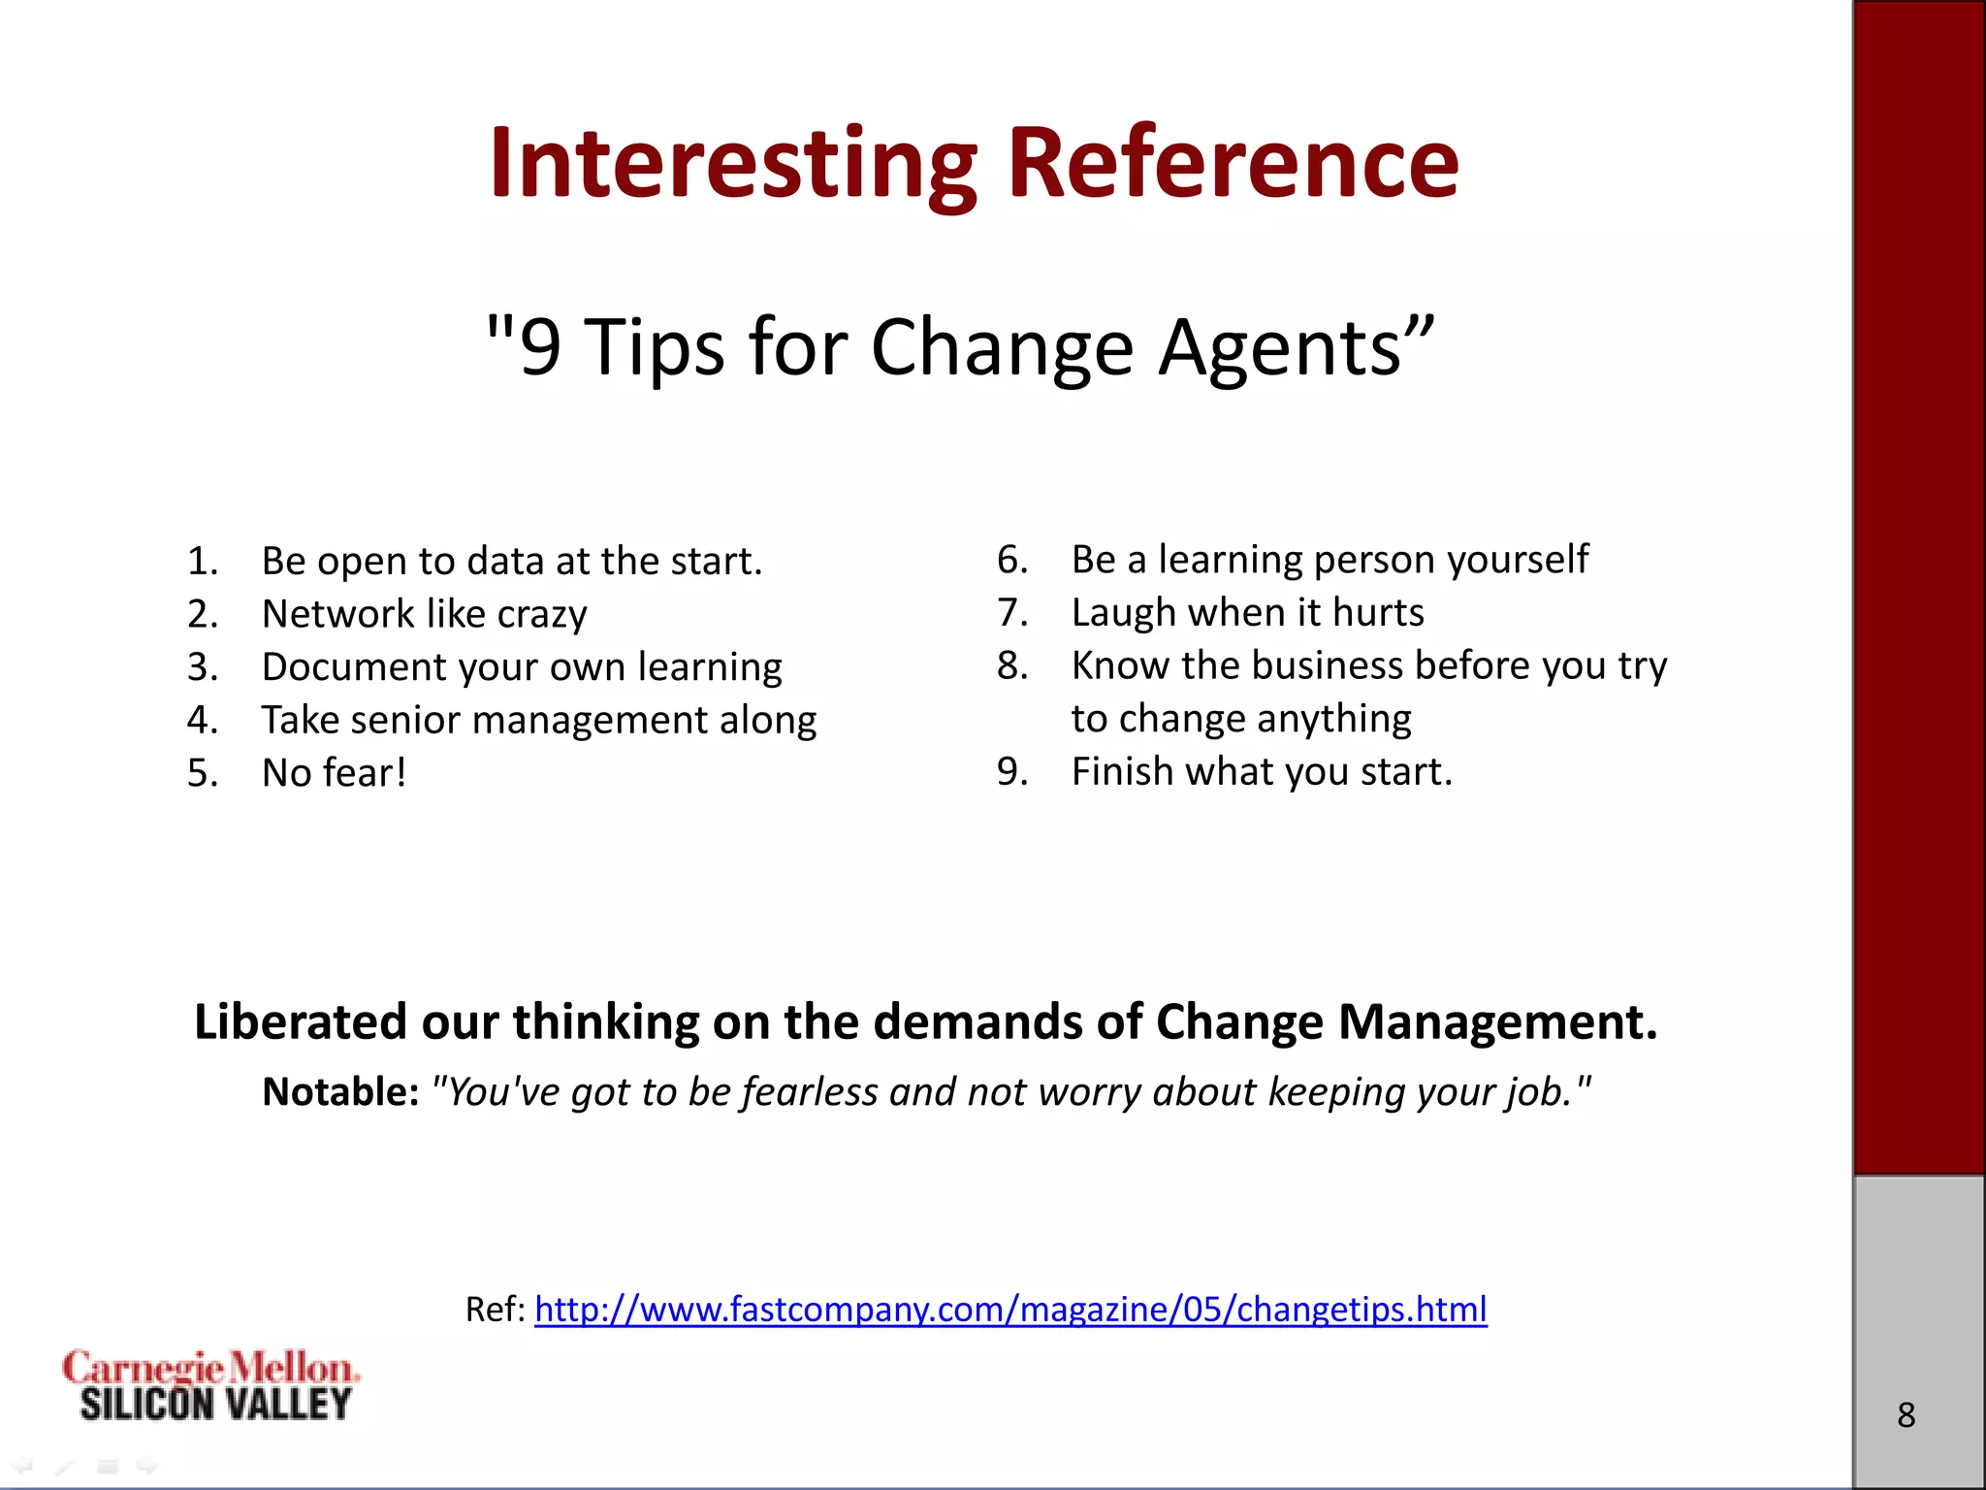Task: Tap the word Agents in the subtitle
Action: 1295,347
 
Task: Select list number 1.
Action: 202,562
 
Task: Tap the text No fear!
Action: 334,773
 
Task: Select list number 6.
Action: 1011,560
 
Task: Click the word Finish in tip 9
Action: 1121,772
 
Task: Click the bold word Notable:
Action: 340,1092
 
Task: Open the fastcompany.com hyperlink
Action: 1010,1310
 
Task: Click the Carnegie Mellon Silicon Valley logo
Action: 211,1386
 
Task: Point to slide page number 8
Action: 1906,1415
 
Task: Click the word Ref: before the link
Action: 495,1310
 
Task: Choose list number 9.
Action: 1011,772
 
